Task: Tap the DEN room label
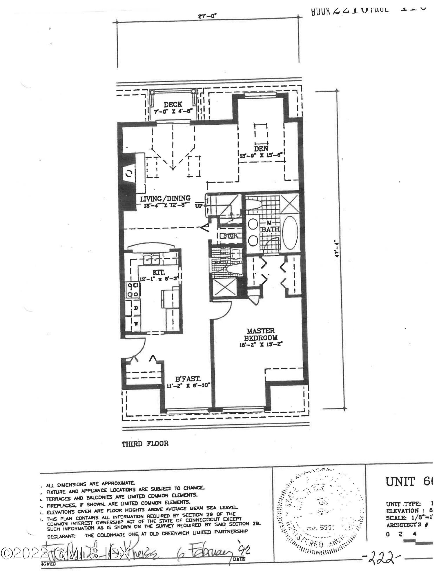(x=261, y=149)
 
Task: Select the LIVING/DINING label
(x=165, y=199)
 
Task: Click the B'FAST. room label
(x=188, y=378)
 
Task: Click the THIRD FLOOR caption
(x=145, y=444)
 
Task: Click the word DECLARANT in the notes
(x=61, y=536)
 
